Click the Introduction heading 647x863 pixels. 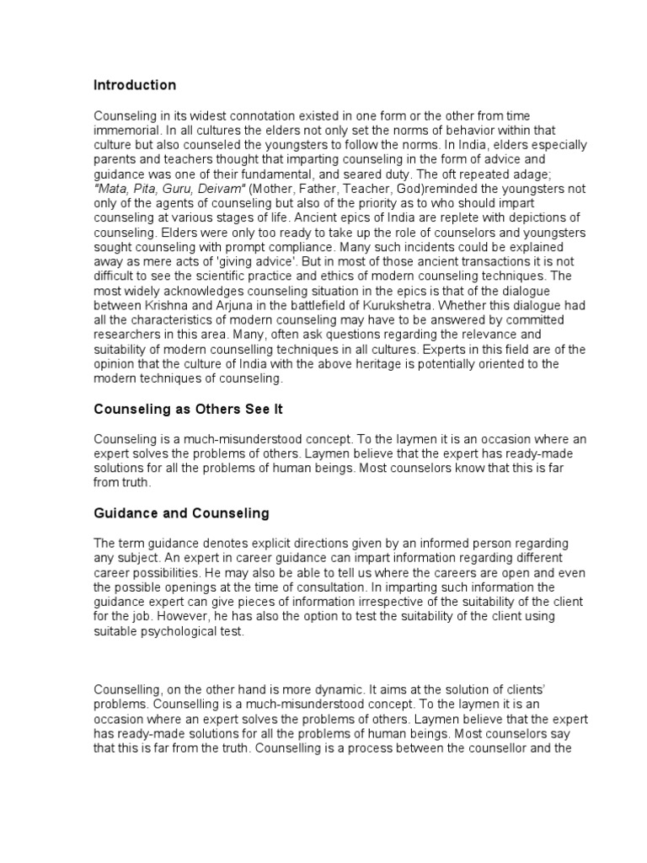coord(135,85)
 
